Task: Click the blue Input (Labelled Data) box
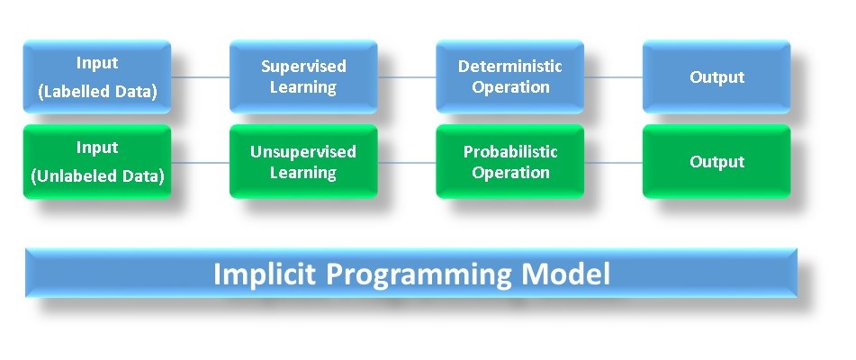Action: click(97, 76)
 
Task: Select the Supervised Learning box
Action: click(303, 76)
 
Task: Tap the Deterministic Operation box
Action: click(509, 76)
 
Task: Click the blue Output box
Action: click(716, 76)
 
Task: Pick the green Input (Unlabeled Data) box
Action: click(97, 162)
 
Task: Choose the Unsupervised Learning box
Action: click(303, 162)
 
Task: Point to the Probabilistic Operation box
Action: click(509, 162)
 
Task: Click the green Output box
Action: click(716, 162)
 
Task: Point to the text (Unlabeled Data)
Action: click(97, 176)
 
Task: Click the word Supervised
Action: click(303, 67)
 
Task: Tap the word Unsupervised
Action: click(303, 151)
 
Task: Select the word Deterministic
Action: click(509, 67)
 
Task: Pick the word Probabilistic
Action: click(509, 151)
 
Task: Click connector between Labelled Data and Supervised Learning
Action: click(200, 77)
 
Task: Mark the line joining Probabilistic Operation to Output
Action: click(613, 163)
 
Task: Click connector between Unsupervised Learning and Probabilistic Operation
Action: click(406, 163)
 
